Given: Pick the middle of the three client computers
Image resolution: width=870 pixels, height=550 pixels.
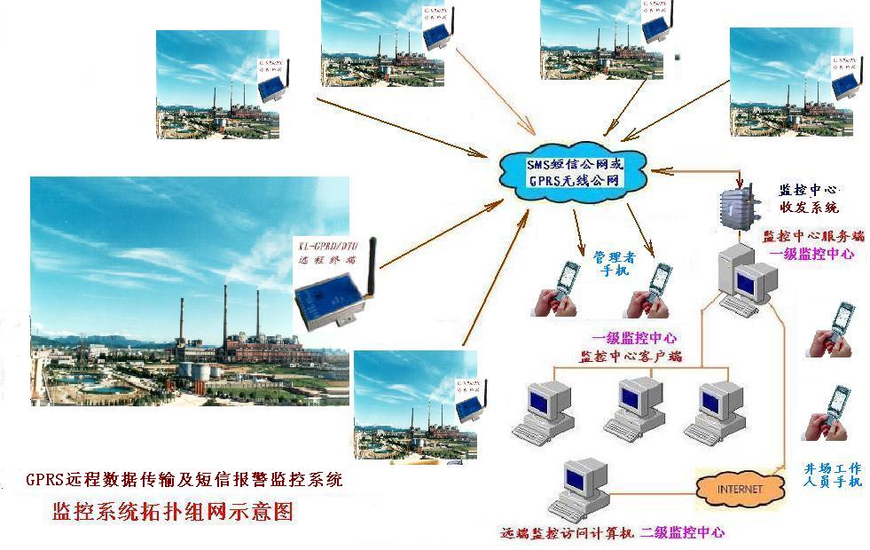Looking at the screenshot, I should point(633,407).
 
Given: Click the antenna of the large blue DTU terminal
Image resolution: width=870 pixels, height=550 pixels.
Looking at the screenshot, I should point(373,258).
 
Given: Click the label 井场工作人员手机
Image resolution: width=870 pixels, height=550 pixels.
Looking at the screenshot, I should point(832,474).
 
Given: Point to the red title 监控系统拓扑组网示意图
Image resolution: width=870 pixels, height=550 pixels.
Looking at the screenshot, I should point(172,513).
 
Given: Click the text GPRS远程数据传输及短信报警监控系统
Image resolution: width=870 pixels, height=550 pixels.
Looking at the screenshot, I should point(184,480).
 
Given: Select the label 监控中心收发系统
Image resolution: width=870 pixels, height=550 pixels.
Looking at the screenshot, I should point(808,199).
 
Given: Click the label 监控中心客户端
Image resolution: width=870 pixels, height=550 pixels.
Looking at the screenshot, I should point(631,357).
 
